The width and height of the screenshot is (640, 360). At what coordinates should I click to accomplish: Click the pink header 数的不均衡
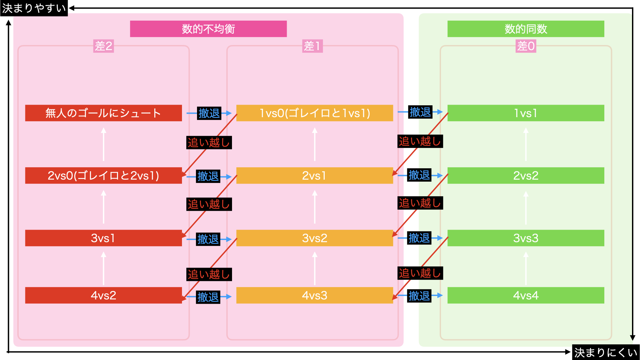[208, 29]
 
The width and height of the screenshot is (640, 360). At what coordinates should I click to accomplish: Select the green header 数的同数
[525, 29]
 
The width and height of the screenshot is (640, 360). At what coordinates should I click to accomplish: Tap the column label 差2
[103, 46]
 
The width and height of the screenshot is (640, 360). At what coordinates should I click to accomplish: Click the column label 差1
[312, 46]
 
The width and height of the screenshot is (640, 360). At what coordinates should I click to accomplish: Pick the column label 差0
[526, 46]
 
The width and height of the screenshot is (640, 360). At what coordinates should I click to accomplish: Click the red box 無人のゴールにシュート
[103, 113]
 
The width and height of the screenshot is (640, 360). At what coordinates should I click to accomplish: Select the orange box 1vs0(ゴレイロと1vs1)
[314, 113]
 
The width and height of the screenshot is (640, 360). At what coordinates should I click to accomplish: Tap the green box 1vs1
[525, 113]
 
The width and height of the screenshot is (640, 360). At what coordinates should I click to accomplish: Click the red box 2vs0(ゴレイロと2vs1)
[103, 175]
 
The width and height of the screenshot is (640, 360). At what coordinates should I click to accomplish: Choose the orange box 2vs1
[314, 175]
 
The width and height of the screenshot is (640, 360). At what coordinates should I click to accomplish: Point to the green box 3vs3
[525, 238]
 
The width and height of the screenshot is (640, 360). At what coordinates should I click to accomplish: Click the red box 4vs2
[103, 295]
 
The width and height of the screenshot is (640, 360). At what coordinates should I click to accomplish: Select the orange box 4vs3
[314, 295]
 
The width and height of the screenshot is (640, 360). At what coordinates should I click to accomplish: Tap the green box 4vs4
[525, 295]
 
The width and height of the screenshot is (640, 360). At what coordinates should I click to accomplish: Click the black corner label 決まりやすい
[34, 8]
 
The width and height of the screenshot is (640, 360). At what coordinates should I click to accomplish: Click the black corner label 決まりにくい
[606, 352]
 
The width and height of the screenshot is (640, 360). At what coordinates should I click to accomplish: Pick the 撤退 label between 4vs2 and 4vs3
[208, 297]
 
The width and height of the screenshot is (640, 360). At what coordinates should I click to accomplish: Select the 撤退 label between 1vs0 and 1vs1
[420, 112]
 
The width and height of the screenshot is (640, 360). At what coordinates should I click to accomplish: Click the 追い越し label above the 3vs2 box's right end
[420, 203]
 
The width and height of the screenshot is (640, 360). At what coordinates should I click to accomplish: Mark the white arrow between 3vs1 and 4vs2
[103, 268]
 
